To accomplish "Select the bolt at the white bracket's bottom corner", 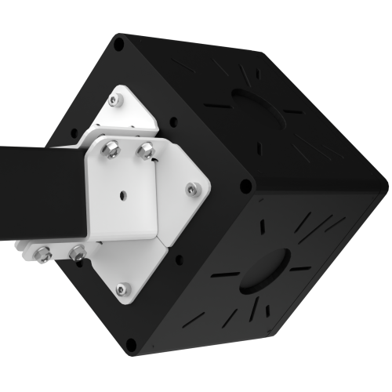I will pos(121,289).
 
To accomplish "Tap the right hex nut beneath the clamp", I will pos(77,253).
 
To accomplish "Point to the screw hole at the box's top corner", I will pos(119,45).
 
